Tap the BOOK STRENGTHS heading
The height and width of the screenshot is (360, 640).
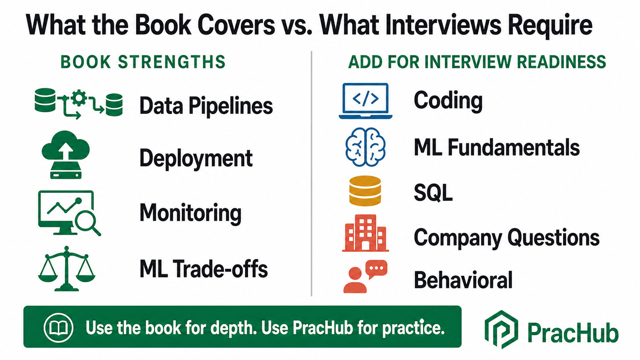tap(143, 62)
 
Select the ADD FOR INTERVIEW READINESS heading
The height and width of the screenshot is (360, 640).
tap(477, 62)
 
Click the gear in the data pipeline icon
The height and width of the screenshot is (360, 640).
tap(79, 98)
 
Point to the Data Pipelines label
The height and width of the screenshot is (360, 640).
tap(206, 106)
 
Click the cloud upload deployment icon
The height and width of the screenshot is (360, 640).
tap(66, 155)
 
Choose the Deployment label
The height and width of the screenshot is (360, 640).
tap(196, 158)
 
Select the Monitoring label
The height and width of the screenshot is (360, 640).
tap(190, 213)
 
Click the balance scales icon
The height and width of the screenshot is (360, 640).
tap(67, 269)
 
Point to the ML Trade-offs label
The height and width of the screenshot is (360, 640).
tap(203, 269)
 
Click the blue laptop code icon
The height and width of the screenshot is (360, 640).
tap(366, 101)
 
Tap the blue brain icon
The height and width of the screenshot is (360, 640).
tap(366, 147)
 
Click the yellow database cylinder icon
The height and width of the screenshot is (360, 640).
tap(365, 191)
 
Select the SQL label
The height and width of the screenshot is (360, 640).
tap(433, 193)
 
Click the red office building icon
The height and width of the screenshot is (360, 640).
tap(366, 233)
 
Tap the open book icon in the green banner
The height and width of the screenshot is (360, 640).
tap(59, 327)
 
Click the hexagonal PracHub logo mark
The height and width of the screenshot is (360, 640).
tap(501, 329)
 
